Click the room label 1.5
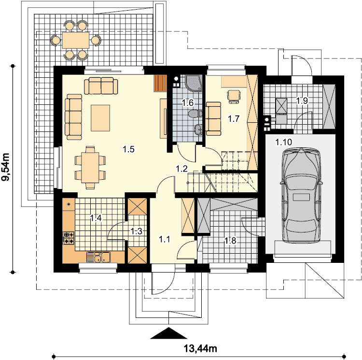pos(128,149)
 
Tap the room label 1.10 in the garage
pos(284,142)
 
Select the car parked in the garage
pos(301,196)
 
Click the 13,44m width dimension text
pos(200,348)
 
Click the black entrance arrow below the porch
pos(168,333)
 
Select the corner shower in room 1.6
pos(194,83)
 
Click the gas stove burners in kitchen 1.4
pos(69,238)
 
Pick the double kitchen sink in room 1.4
pos(98,257)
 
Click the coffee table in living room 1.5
pos(100,118)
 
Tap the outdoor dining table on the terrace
pos(75,40)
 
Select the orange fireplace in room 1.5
pos(160,83)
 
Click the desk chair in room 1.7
pos(234,96)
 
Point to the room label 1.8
pos(230,241)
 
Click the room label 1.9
pos(302,101)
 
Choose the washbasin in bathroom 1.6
pos(198,130)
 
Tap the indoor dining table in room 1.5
pos(90,168)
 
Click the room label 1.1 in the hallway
pos(165,239)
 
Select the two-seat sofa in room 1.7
pos(213,118)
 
